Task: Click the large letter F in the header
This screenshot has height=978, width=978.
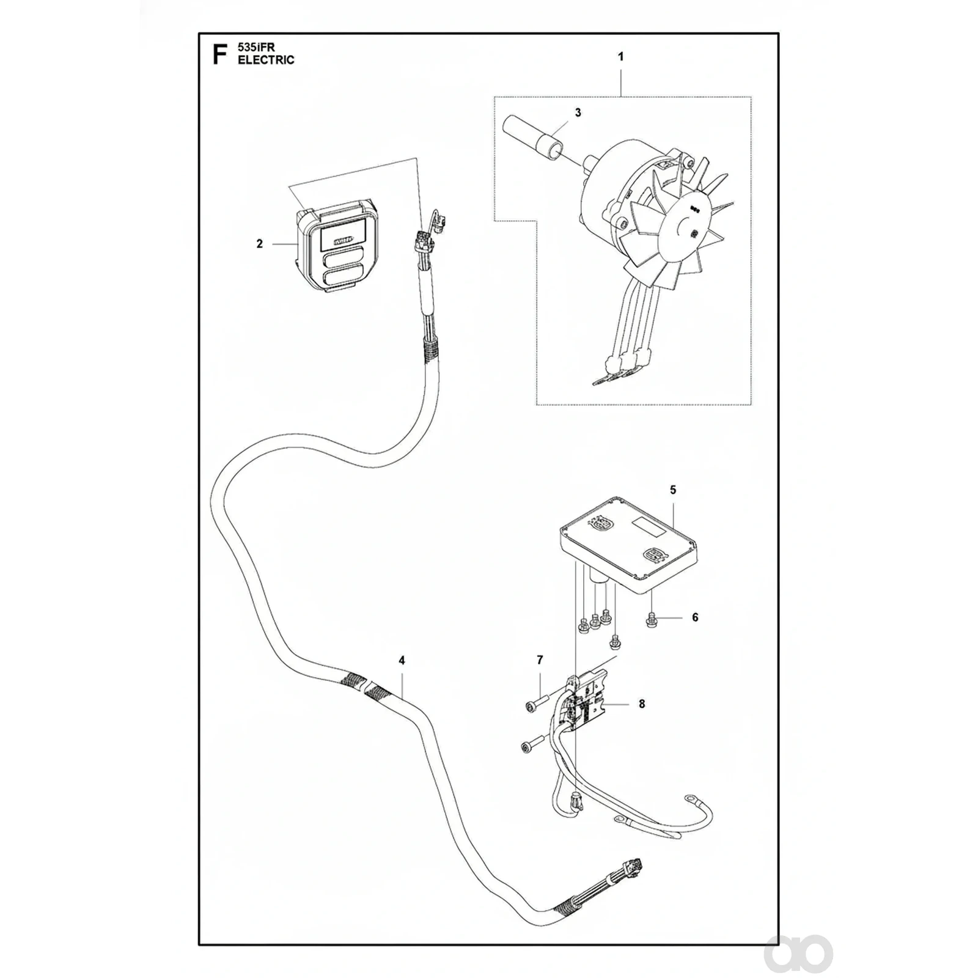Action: point(219,54)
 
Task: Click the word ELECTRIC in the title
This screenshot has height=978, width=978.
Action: point(267,60)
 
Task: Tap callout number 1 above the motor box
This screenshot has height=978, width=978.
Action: point(621,57)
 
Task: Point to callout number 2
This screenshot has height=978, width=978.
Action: point(260,244)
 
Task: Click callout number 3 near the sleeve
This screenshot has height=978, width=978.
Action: point(578,112)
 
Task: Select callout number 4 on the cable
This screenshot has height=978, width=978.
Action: point(402,661)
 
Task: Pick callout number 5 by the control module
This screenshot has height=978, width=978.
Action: point(673,490)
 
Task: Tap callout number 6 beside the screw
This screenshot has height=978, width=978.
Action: point(695,617)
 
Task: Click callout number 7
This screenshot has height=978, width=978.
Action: point(540,660)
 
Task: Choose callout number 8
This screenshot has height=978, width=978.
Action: point(642,704)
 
